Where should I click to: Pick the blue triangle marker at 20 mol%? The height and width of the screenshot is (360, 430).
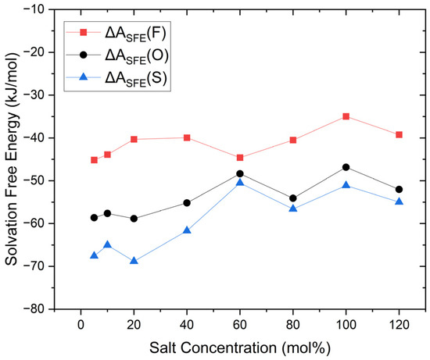point(134,261)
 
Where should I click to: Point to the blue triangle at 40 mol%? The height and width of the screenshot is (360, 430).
point(187,230)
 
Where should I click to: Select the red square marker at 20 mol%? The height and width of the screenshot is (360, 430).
point(134,139)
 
